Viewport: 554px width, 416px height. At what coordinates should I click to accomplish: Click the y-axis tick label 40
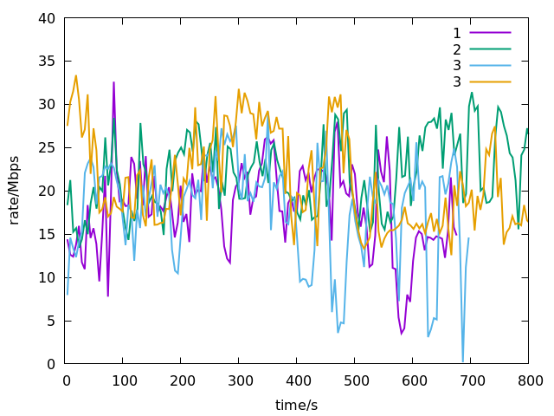click(47, 18)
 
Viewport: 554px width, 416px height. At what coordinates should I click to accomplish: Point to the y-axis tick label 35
click(47, 62)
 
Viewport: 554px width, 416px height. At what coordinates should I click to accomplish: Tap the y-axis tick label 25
click(47, 148)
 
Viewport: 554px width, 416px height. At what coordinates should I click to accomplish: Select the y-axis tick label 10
click(47, 278)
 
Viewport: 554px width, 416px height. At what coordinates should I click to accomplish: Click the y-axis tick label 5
click(51, 322)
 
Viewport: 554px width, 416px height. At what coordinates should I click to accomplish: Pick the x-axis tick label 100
click(123, 380)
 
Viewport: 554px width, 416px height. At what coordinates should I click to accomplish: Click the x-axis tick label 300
click(239, 380)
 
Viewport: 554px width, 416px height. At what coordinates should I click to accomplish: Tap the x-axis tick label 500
click(355, 380)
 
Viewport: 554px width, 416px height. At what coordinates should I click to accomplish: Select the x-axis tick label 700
click(471, 380)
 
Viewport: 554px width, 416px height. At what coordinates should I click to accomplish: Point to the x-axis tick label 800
click(529, 380)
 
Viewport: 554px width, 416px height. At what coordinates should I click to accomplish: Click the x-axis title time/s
click(297, 405)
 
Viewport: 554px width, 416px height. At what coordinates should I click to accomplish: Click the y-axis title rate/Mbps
click(15, 191)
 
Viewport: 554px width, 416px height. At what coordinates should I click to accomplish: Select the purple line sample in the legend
click(490, 34)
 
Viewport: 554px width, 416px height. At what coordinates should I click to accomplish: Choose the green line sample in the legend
click(490, 49)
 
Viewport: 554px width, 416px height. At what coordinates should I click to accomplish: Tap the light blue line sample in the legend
click(490, 65)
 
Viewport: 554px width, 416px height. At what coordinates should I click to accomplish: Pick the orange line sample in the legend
click(490, 81)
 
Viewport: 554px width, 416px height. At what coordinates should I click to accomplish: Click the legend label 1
click(456, 34)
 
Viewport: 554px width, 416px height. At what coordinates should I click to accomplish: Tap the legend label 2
click(456, 49)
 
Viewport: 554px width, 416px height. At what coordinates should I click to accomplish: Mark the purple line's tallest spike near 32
click(113, 82)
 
